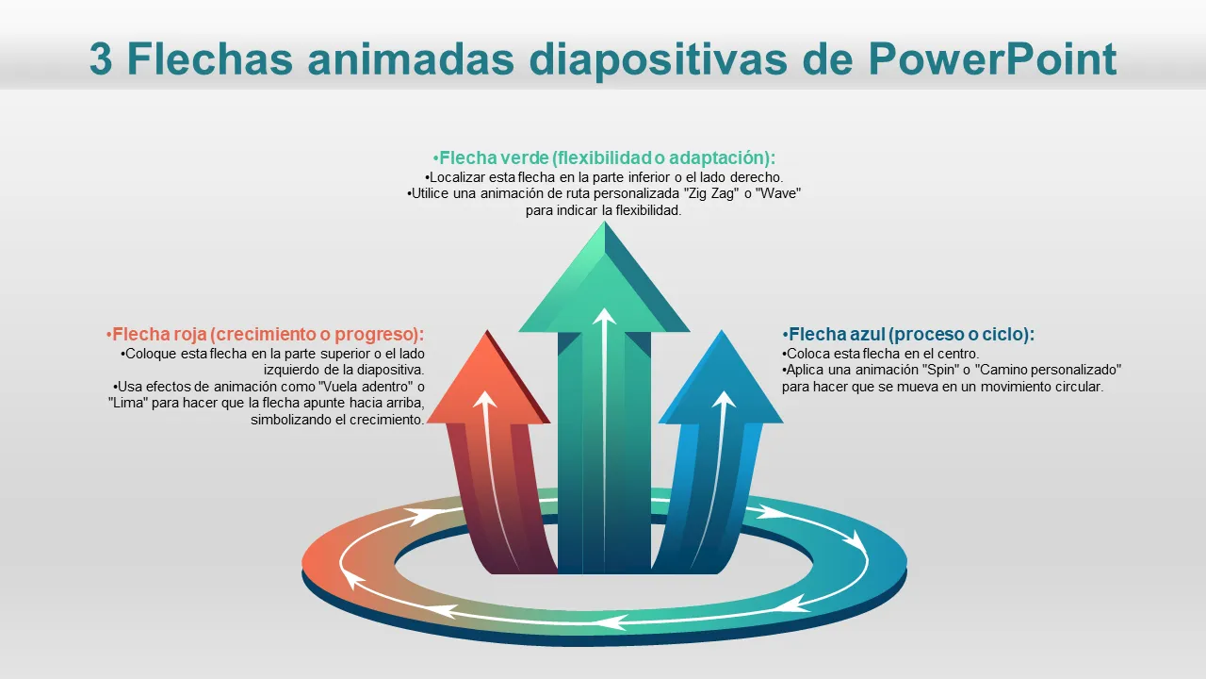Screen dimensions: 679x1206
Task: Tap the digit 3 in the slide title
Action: pos(101,59)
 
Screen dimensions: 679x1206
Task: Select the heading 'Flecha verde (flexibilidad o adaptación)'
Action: pos(604,157)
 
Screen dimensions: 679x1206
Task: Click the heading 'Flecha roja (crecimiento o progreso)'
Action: pos(265,334)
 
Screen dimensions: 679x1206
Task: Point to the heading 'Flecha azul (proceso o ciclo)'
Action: pos(908,334)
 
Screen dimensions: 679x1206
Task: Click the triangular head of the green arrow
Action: pos(603,283)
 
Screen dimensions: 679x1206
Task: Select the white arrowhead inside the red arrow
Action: pos(485,400)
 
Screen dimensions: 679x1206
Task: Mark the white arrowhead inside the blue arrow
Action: pos(724,400)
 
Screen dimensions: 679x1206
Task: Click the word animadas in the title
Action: pos(416,59)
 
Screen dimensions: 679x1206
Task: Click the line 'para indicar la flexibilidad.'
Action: pos(603,211)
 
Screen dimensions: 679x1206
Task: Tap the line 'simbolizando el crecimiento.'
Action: pos(337,421)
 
